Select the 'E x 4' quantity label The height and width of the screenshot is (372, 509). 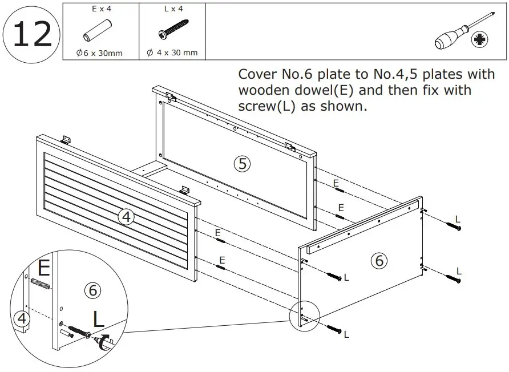point(99,10)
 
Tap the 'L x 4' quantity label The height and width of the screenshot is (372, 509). point(172,10)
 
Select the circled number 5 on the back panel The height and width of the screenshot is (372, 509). point(243,164)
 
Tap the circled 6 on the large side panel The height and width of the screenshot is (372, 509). point(378,261)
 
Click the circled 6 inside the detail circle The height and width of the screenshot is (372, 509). point(92,290)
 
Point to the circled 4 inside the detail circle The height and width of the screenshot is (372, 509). point(22,318)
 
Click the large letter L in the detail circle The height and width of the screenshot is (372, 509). point(98,320)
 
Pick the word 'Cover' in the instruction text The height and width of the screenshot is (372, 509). point(255,74)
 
